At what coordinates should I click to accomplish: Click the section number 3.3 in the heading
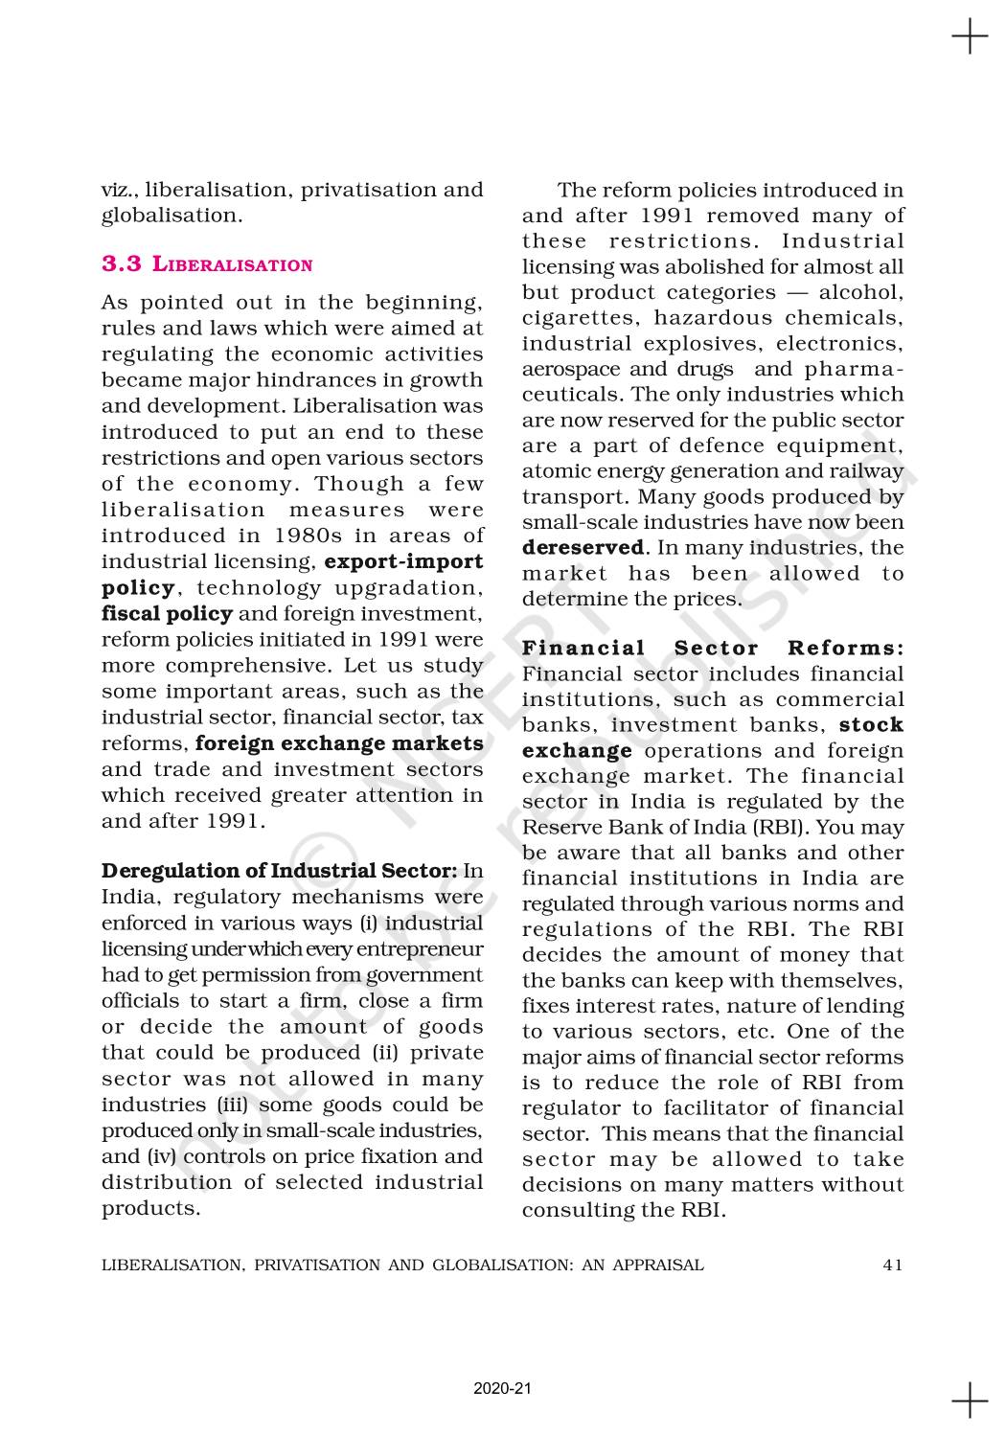click(122, 263)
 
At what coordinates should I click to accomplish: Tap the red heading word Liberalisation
click(233, 264)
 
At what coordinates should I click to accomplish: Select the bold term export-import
click(403, 561)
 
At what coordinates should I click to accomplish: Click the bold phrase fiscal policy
click(167, 613)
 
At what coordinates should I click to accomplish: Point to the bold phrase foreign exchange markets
click(339, 743)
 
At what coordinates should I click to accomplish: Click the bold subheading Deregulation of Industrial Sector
click(279, 871)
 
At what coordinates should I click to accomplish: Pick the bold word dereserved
click(583, 548)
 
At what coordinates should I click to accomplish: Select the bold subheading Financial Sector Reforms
click(713, 649)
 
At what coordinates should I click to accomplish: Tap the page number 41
click(892, 1265)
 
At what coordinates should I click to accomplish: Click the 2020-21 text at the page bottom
click(501, 1388)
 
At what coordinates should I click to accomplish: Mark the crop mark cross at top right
click(970, 37)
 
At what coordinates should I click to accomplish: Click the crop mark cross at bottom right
click(970, 1400)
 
